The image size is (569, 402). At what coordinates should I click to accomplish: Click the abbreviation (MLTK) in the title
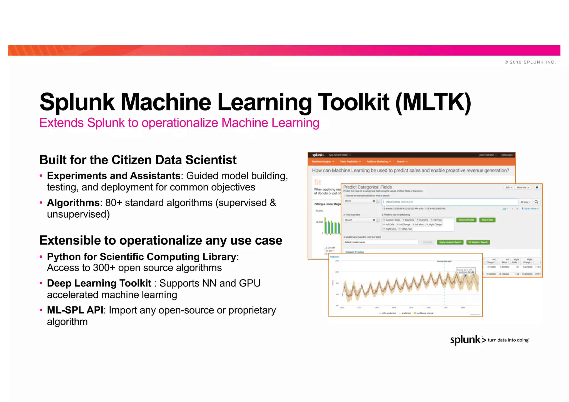tap(433, 102)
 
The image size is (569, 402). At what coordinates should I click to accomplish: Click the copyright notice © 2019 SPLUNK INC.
tap(530, 62)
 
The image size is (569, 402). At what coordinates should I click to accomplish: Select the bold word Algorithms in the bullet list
tap(73, 203)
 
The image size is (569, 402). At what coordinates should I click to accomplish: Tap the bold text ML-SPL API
tap(75, 310)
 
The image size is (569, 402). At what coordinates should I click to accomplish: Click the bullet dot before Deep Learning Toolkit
tap(41, 283)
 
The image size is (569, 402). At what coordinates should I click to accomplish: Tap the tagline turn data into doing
tap(508, 340)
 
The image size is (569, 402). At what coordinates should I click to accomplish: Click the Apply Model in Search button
tap(450, 242)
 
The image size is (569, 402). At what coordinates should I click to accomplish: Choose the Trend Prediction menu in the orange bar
tap(350, 162)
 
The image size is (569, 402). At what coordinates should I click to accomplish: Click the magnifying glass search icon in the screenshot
tap(536, 202)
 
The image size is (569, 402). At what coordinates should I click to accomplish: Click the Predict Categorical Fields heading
tap(368, 187)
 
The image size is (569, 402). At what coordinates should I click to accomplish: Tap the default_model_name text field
tap(381, 242)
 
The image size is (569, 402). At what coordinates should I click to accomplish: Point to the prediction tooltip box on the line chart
tap(466, 271)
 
